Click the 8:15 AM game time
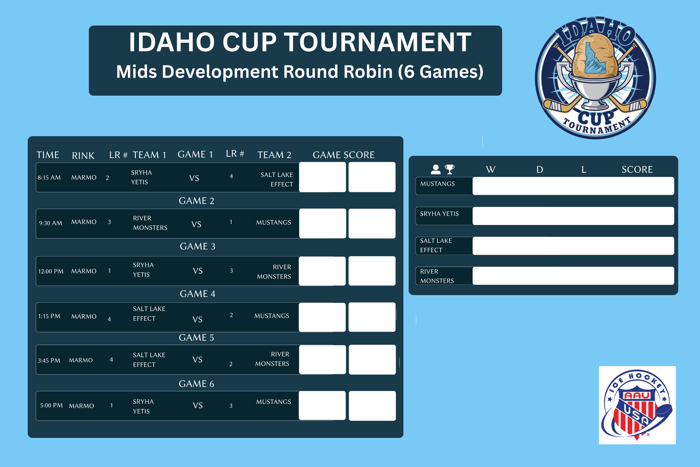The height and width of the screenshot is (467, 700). pyautogui.click(x=49, y=178)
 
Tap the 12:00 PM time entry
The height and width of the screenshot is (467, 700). pyautogui.click(x=51, y=272)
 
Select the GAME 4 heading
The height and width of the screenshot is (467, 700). pyautogui.click(x=197, y=294)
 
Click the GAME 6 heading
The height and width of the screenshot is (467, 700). pyautogui.click(x=196, y=384)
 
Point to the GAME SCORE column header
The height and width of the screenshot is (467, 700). pyautogui.click(x=344, y=155)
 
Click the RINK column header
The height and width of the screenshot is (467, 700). pyautogui.click(x=83, y=156)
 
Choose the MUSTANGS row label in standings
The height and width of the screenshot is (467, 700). pyautogui.click(x=437, y=184)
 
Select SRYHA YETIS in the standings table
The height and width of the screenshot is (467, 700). pyautogui.click(x=439, y=214)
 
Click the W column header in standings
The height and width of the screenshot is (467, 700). pyautogui.click(x=491, y=170)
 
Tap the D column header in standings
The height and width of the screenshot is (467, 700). pyautogui.click(x=540, y=170)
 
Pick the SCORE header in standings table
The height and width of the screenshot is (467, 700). pyautogui.click(x=637, y=170)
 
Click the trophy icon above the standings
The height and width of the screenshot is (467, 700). pyautogui.click(x=450, y=169)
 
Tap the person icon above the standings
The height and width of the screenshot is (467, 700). pyautogui.click(x=436, y=170)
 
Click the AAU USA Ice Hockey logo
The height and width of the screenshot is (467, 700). pyautogui.click(x=637, y=405)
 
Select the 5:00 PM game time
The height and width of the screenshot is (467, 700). pyautogui.click(x=51, y=405)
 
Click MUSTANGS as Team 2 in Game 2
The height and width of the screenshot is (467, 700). pyautogui.click(x=274, y=222)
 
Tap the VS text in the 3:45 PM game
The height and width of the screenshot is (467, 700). pyautogui.click(x=197, y=360)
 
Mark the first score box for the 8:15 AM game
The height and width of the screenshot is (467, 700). pyautogui.click(x=322, y=177)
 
